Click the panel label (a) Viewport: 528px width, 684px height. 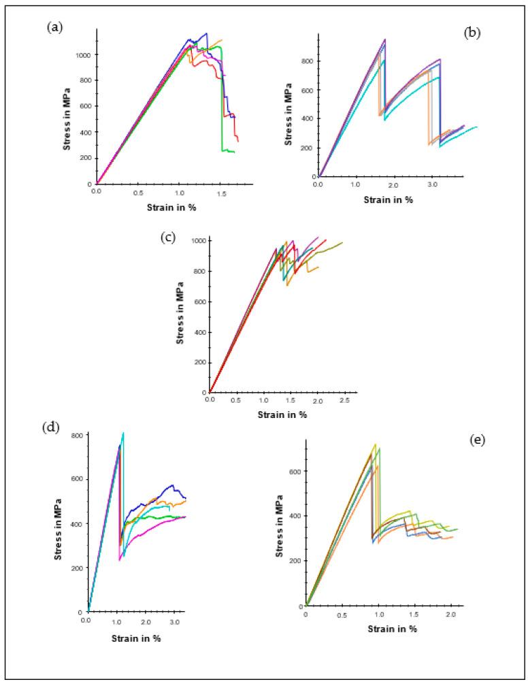point(55,27)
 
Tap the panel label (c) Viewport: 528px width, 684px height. point(166,239)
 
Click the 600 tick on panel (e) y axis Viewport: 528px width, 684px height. point(295,471)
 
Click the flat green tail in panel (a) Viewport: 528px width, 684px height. point(228,151)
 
